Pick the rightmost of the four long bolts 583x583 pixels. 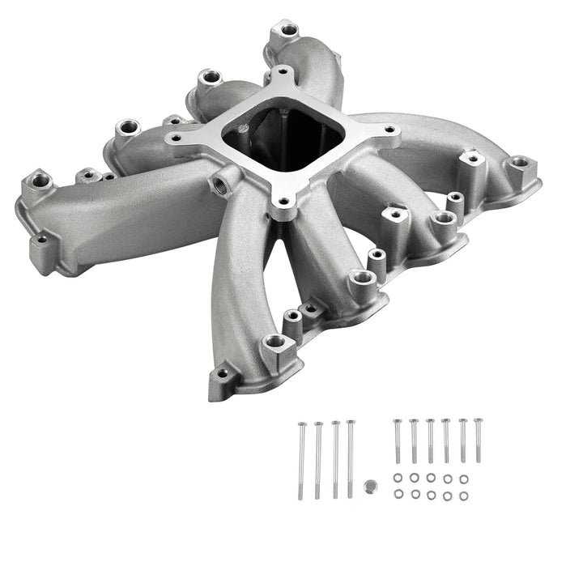(351, 457)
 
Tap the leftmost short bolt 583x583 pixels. (397, 441)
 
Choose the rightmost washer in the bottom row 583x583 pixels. (464, 494)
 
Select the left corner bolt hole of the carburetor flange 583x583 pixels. (181, 138)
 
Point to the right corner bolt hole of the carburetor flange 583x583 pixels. (389, 129)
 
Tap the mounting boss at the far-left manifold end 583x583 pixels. (37, 180)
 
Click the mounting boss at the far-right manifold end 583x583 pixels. (519, 164)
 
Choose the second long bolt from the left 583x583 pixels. (318, 458)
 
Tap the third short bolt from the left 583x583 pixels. (429, 440)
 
